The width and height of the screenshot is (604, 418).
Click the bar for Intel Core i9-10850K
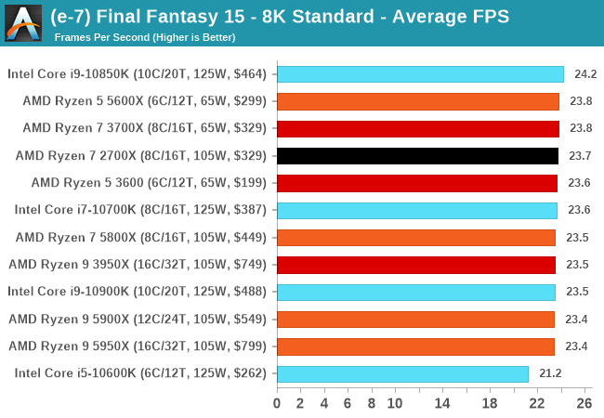click(420, 74)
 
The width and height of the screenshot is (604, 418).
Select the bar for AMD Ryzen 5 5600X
click(418, 101)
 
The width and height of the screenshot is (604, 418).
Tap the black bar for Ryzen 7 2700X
click(417, 156)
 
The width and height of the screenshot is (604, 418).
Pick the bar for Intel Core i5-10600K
click(402, 373)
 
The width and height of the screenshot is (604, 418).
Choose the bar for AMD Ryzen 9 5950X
click(415, 346)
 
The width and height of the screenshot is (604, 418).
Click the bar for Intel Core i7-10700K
click(416, 210)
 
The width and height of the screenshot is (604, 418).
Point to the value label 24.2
click(585, 74)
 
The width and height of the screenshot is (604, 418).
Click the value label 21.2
click(550, 373)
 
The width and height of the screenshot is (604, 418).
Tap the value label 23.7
click(580, 156)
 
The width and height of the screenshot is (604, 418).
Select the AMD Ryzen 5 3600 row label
click(149, 183)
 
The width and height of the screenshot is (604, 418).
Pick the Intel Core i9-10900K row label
click(137, 292)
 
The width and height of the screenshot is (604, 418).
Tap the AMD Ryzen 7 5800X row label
click(141, 237)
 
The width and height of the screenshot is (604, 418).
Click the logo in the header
click(24, 22)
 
